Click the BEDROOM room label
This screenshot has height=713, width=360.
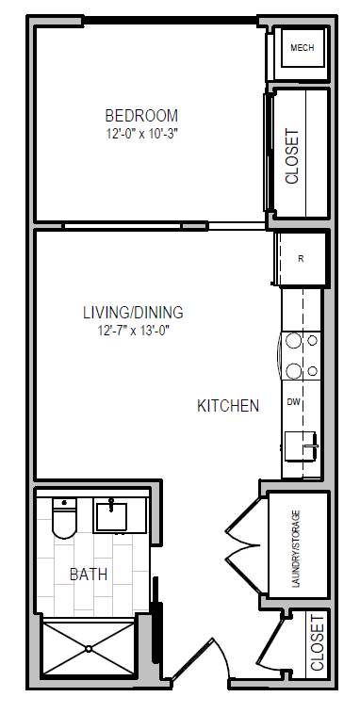[x=141, y=116]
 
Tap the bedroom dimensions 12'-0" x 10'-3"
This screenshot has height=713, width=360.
[x=141, y=134]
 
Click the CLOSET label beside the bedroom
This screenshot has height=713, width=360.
[x=292, y=156]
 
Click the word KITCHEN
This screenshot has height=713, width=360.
[x=227, y=406]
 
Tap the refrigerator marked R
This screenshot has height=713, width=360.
[x=301, y=258]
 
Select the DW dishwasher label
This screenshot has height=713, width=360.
[x=293, y=402]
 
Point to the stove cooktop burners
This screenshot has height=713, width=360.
[x=301, y=356]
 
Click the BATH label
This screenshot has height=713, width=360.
[x=88, y=574]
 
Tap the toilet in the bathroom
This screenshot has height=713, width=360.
[x=63, y=518]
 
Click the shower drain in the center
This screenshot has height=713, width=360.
[x=89, y=648]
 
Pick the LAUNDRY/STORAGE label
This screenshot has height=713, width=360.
[x=296, y=545]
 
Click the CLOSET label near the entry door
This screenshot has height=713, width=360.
[x=317, y=641]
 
